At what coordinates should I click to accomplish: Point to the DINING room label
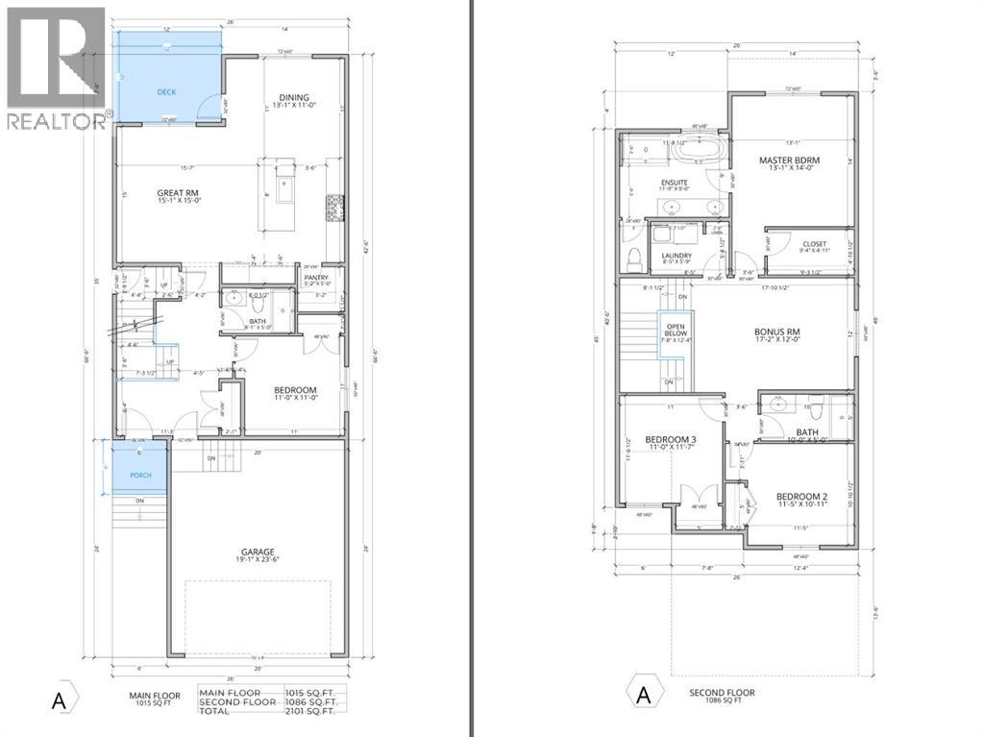click(292, 96)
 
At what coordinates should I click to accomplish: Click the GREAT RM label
click(177, 193)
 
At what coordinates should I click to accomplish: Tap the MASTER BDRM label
click(787, 160)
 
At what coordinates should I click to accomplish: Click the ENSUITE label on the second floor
click(674, 182)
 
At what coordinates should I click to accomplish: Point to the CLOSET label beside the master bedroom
click(814, 244)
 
